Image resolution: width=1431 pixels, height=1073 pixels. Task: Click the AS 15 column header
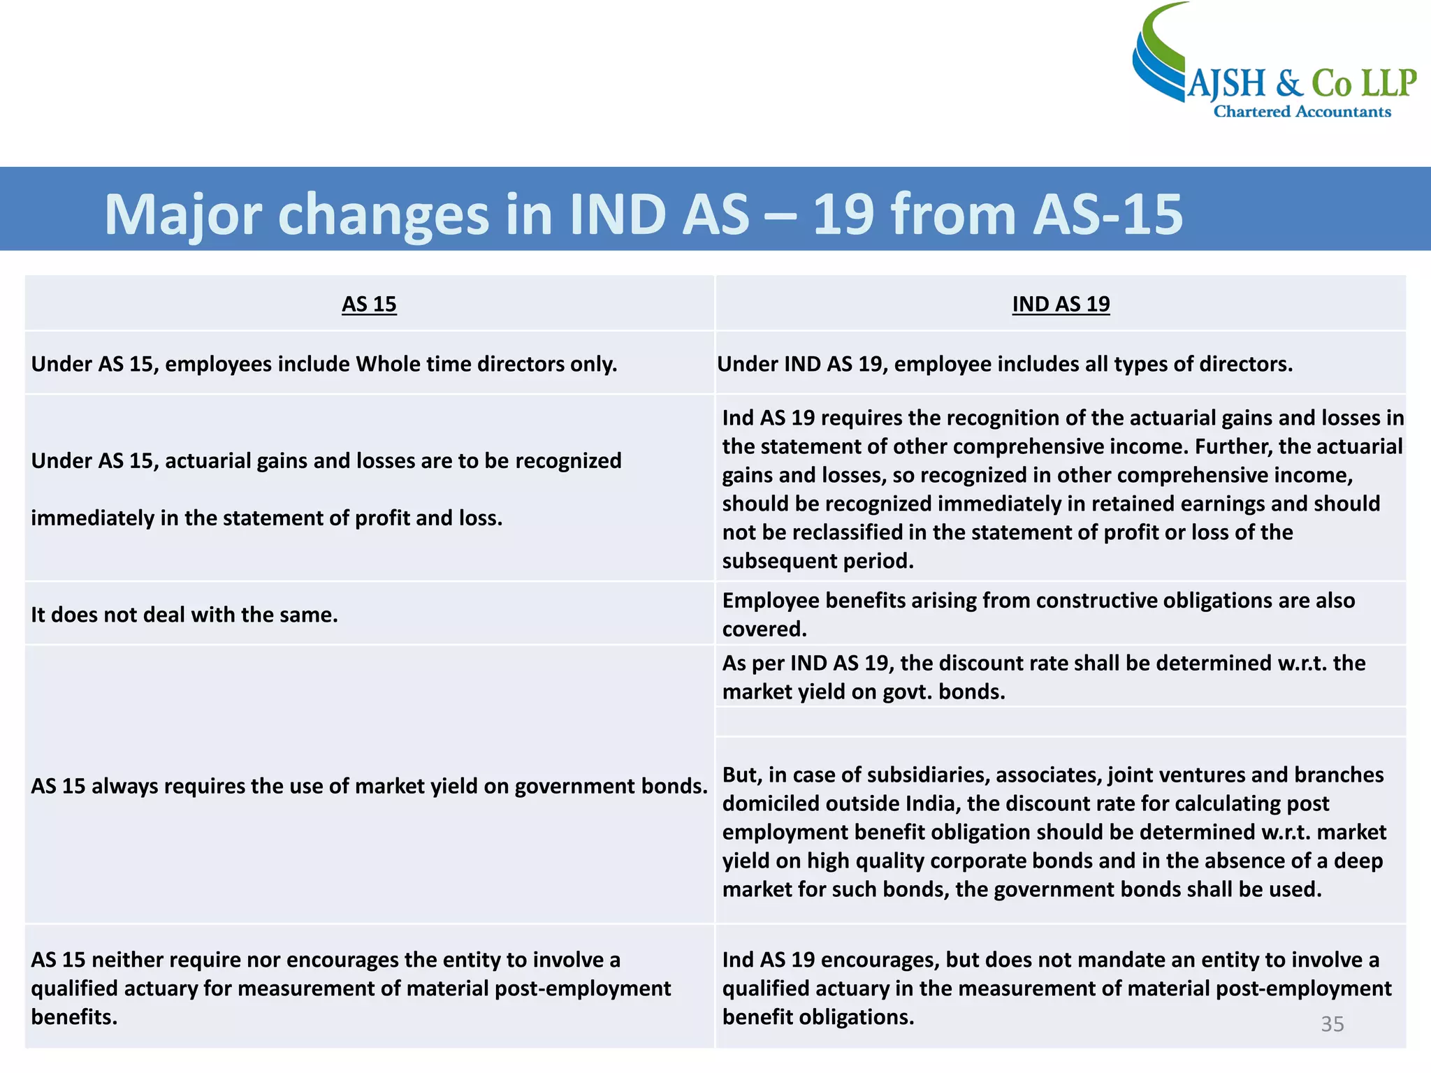point(369,304)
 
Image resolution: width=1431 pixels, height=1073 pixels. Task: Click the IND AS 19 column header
point(1061,304)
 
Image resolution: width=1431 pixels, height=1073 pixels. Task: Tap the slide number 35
point(1332,1023)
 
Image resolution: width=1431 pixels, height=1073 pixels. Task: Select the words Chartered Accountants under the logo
point(1302,112)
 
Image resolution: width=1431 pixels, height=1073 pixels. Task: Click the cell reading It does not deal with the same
point(184,615)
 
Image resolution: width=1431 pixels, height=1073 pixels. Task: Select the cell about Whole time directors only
point(324,364)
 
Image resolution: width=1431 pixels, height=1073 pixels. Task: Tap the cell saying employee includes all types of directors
point(1005,364)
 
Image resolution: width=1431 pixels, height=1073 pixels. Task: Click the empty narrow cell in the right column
point(1061,722)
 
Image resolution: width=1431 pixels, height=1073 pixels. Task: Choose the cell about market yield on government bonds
point(369,786)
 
